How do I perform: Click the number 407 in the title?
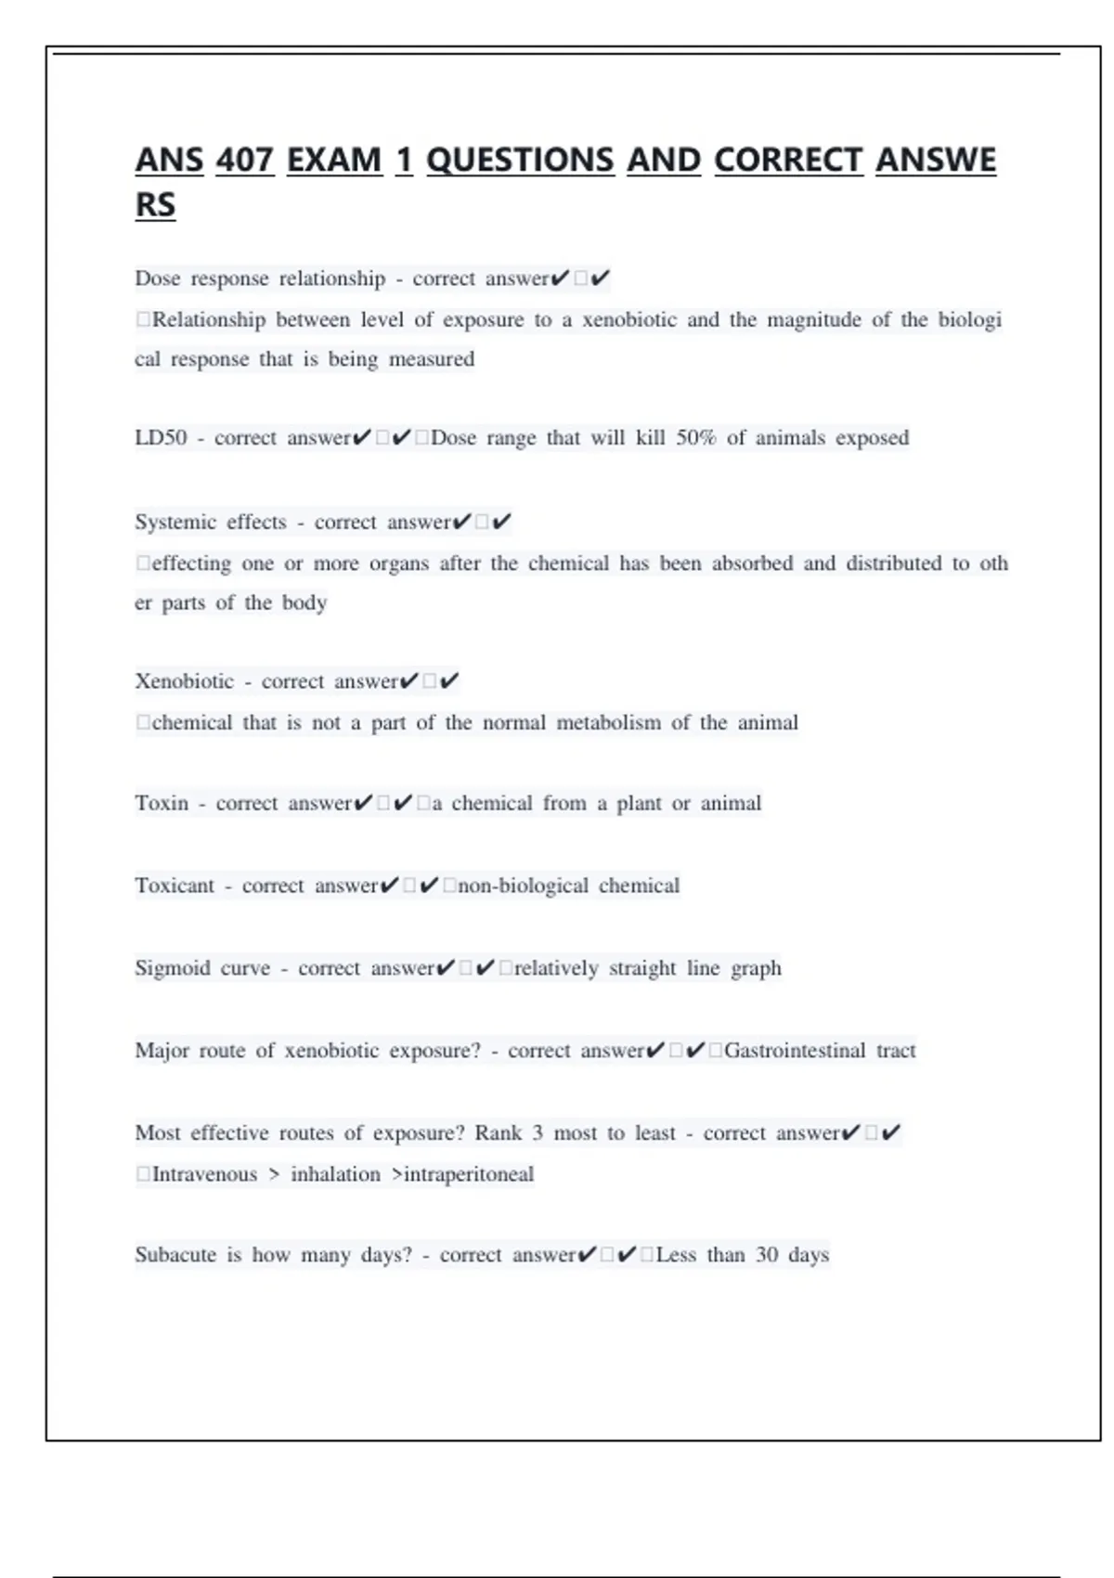coord(245,161)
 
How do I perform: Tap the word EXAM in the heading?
coord(334,161)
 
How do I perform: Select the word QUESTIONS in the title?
coord(520,161)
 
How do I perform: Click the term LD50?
coord(161,438)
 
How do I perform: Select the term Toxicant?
coord(175,886)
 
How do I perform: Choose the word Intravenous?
coord(204,1175)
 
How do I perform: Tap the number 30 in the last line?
coord(767,1256)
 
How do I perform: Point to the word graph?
coord(756,969)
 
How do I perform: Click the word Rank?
coord(499,1133)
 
